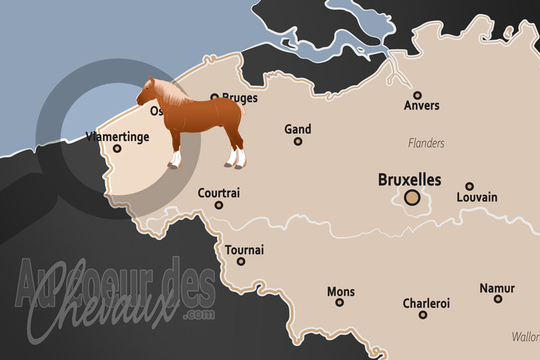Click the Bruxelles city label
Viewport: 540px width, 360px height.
[410, 180]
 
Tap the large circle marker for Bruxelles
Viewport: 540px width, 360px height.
[412, 198]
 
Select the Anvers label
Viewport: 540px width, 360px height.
[421, 106]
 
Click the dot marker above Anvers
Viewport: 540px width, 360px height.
[418, 95]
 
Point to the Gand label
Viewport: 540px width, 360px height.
[298, 129]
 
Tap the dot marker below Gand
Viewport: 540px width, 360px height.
[298, 141]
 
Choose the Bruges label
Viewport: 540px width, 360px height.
[240, 98]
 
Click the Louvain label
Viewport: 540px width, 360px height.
[477, 197]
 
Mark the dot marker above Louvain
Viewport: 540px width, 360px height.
[469, 186]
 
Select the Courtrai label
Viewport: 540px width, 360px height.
[219, 193]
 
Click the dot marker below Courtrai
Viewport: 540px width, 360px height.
[219, 205]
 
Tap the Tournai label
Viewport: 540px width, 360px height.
[244, 250]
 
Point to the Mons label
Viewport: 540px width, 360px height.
[340, 292]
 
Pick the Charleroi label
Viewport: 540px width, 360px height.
[426, 303]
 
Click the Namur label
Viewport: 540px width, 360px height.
[497, 288]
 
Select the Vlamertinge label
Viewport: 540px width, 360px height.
[117, 137]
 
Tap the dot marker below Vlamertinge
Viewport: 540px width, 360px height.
[117, 149]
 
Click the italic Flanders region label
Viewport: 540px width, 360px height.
[426, 143]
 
